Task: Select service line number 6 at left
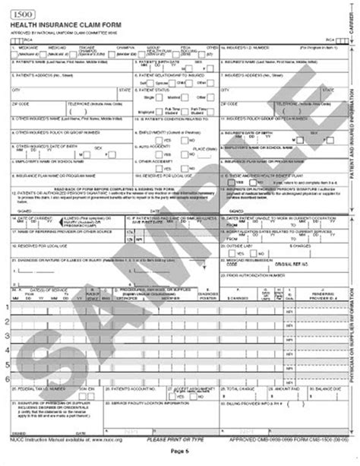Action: [6, 378]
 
